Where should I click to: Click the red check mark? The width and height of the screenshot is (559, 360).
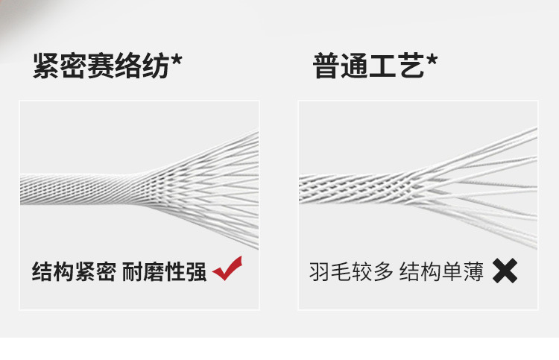click(227, 269)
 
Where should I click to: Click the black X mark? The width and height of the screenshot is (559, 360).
click(505, 271)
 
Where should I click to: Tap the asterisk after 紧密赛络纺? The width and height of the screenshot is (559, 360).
click(177, 60)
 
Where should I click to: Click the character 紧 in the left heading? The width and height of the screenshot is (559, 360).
click(45, 66)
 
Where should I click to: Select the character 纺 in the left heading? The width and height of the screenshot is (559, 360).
click(156, 66)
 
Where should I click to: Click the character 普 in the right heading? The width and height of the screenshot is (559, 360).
click(326, 66)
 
